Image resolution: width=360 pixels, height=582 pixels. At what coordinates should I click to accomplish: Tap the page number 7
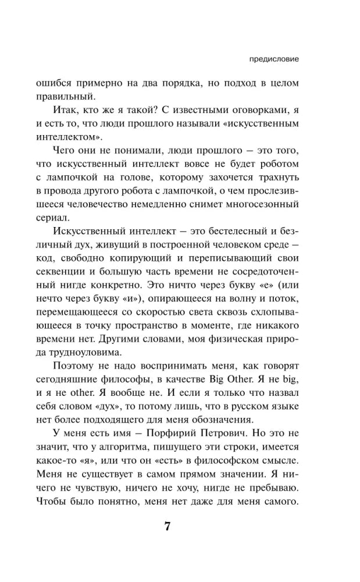pyautogui.click(x=167, y=527)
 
